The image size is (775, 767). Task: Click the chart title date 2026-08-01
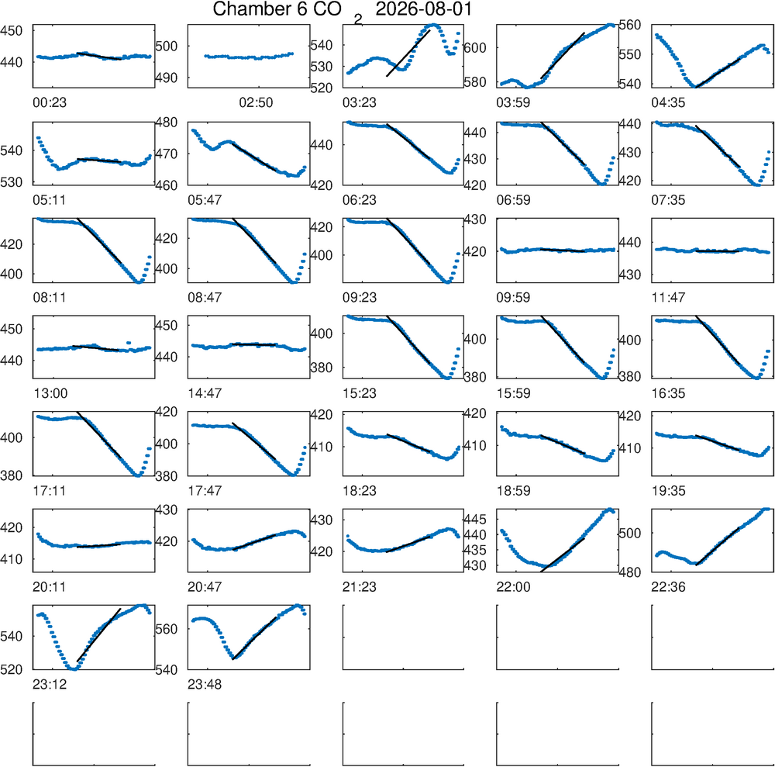tap(424, 9)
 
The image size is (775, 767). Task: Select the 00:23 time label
tap(50, 103)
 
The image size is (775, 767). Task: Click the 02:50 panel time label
tap(256, 103)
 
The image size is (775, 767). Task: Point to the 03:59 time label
tap(513, 103)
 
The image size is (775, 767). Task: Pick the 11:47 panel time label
tap(668, 298)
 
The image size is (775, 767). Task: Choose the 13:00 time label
tap(50, 394)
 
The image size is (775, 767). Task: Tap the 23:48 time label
tap(205, 685)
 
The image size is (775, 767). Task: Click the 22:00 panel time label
tap(513, 587)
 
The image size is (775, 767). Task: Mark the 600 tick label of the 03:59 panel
tap(475, 48)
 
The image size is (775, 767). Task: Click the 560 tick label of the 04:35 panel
tap(630, 25)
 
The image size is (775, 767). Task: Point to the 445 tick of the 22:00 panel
tap(474, 520)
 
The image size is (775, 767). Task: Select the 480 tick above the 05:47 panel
tap(166, 123)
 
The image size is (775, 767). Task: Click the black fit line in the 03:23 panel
tap(408, 53)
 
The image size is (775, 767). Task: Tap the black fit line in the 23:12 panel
tap(99, 635)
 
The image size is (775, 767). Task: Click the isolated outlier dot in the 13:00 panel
tap(129, 343)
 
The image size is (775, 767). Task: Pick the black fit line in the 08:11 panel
tap(99, 241)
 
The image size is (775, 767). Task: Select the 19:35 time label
tap(668, 491)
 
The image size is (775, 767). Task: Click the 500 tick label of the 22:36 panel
tap(630, 533)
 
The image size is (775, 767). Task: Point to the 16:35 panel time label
tap(668, 394)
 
